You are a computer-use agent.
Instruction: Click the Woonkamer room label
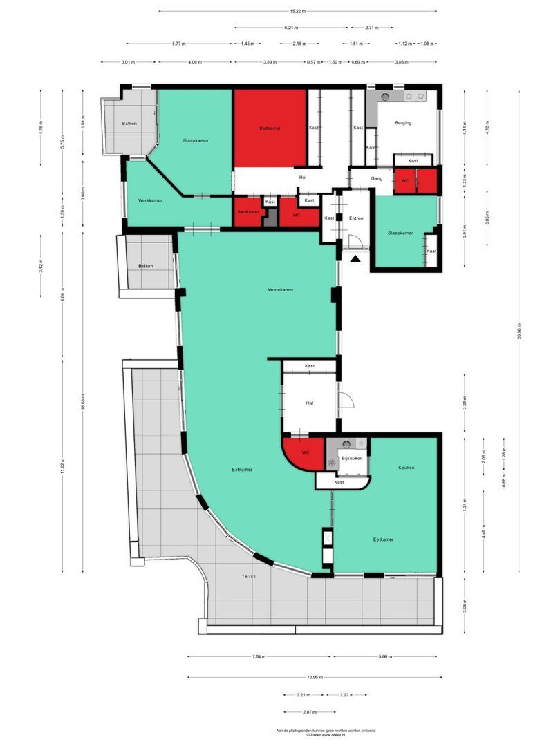(281, 289)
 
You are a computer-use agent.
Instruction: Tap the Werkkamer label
(150, 200)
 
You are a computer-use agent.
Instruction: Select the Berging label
(403, 123)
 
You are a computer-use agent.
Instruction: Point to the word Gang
(376, 179)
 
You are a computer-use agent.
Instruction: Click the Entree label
(356, 218)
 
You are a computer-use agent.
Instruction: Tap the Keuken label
(406, 468)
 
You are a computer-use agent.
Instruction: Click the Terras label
(248, 576)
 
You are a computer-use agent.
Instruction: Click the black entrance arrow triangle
(355, 259)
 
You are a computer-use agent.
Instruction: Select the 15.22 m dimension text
(297, 11)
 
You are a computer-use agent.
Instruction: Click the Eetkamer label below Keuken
(384, 539)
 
